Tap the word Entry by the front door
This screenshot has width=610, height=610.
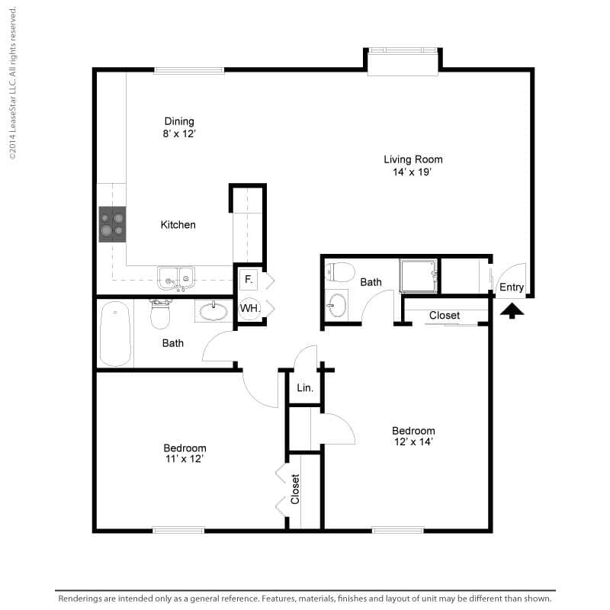[511, 287]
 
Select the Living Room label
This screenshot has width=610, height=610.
[413, 159]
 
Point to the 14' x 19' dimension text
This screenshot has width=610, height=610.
[413, 172]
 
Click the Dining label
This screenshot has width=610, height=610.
[179, 121]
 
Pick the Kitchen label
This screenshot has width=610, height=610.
[178, 225]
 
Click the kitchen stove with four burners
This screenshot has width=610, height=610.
[112, 224]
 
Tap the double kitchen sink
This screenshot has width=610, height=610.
[176, 276]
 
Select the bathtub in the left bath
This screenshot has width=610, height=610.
[115, 333]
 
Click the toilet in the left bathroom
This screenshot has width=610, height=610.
[161, 312]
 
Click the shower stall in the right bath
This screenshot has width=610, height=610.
[419, 275]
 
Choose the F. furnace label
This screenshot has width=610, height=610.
[249, 280]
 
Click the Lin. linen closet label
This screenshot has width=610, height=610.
[305, 388]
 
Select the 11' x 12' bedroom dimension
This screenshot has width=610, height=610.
[185, 459]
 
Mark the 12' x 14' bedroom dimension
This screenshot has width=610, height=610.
[414, 442]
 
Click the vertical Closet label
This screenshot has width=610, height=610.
[295, 490]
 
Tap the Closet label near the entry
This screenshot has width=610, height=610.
[444, 315]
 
